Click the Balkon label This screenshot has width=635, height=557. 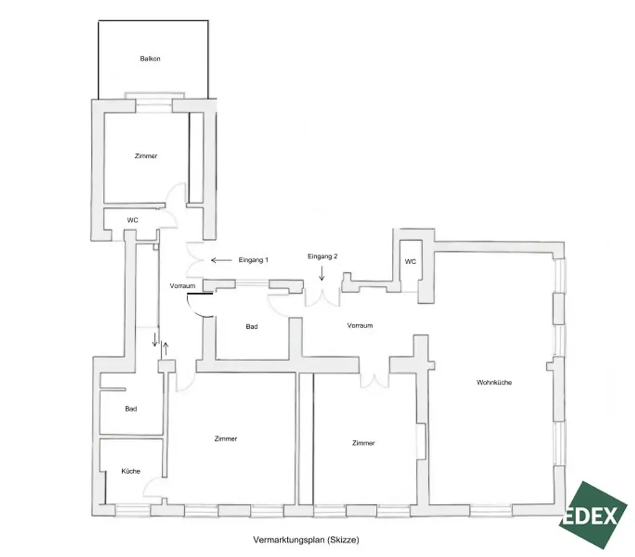[x=151, y=59]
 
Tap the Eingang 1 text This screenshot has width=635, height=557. [x=253, y=260]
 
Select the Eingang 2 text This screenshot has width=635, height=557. [x=322, y=256]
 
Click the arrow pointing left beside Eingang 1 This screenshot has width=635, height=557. [x=220, y=260]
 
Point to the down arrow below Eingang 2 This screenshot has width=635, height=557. [x=322, y=274]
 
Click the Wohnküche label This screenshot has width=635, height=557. [x=494, y=382]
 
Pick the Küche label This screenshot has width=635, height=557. [x=131, y=471]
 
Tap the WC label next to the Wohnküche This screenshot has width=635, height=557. [x=411, y=262]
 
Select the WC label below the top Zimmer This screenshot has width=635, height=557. [x=132, y=220]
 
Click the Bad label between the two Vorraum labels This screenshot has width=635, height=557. [x=252, y=326]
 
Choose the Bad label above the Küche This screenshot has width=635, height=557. [x=131, y=409]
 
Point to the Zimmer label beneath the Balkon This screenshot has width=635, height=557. [x=146, y=156]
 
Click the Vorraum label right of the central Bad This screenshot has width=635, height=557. [x=360, y=326]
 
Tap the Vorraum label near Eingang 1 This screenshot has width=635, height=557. [x=183, y=286]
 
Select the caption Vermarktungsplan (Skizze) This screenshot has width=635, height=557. [x=306, y=540]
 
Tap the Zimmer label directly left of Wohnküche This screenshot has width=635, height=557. [x=363, y=443]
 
